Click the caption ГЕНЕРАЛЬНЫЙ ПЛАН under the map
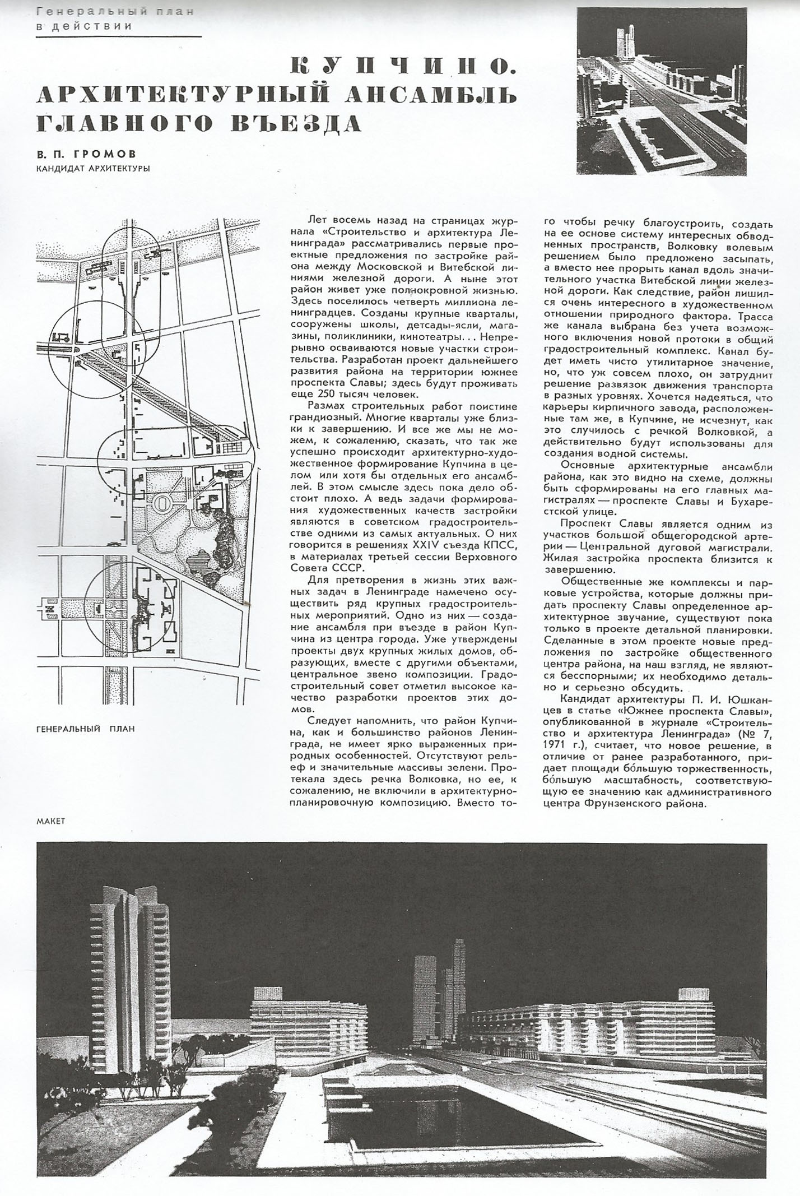tap(85, 729)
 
